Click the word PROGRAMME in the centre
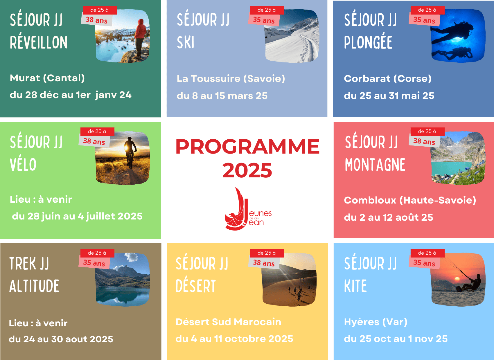247,147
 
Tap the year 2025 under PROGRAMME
247,170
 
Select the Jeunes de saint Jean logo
248,209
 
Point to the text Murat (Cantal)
47,78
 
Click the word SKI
186,42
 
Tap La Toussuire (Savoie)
231,78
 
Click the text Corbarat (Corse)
387,78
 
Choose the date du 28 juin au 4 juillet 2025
77,216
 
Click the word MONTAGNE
375,165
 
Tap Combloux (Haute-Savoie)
410,200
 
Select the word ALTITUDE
34,286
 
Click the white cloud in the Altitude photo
132,257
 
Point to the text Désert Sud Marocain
229,322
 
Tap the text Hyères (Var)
376,322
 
